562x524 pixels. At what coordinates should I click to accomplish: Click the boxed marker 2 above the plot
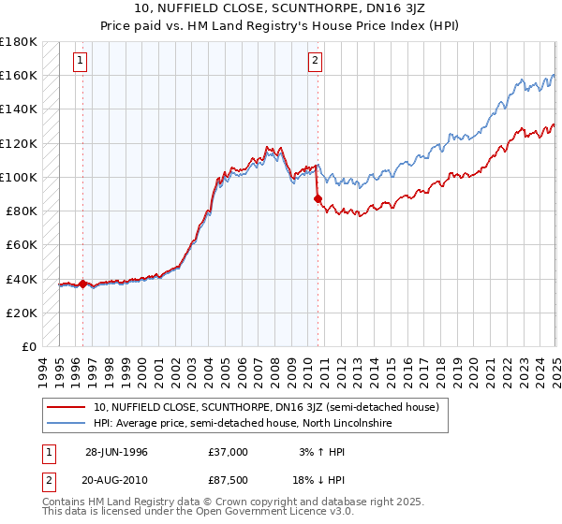click(x=315, y=62)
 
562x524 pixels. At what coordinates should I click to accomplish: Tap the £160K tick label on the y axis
click(x=19, y=75)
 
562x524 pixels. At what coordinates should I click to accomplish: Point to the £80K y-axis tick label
click(x=22, y=211)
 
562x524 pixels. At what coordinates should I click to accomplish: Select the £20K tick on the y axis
click(x=22, y=313)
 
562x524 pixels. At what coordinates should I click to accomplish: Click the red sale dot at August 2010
click(x=318, y=197)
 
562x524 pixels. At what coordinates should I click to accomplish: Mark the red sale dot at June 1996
click(x=82, y=284)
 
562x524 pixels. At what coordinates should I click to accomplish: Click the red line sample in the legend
click(x=66, y=407)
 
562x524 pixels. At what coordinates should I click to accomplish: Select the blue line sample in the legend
click(x=66, y=424)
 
